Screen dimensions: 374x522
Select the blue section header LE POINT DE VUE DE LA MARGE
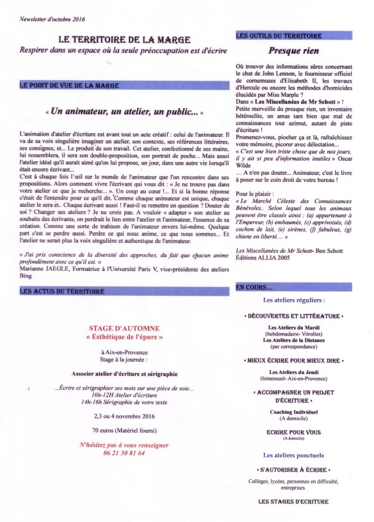(x=61, y=85)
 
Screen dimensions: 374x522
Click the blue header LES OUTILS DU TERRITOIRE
(x=279, y=36)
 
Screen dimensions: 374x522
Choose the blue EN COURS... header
(x=255, y=288)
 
